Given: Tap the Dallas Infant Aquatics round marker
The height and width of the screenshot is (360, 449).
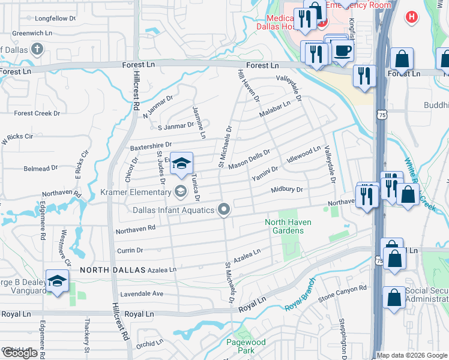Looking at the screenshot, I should click(x=224, y=210).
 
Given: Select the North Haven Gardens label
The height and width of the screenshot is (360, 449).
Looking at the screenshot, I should click(x=288, y=226).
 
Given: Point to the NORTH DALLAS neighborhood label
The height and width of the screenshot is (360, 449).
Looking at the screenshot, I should click(x=113, y=270).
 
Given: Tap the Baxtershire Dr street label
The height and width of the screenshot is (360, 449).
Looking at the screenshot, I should click(x=151, y=145).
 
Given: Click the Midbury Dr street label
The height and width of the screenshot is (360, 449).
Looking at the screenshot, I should click(x=286, y=189).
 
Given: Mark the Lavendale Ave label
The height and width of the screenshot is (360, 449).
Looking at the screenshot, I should click(x=142, y=294).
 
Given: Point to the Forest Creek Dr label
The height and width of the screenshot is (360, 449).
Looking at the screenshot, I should click(x=37, y=113).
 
